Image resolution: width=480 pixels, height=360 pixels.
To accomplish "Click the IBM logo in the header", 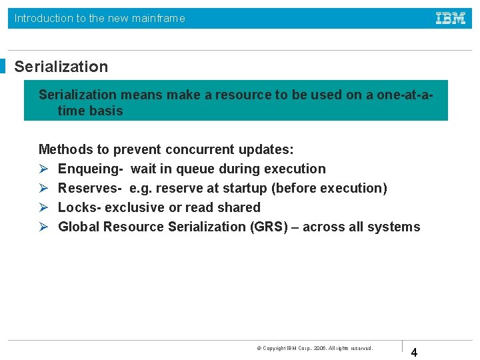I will (451, 18).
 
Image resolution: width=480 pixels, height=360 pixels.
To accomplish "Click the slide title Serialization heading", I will (61, 67).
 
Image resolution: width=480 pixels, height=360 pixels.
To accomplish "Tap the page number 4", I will (414, 353).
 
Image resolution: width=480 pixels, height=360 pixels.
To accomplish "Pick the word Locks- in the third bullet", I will (79, 208).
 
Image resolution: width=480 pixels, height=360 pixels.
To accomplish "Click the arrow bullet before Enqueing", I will (43, 169).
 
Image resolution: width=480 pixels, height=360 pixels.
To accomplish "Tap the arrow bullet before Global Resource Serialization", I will (43, 227).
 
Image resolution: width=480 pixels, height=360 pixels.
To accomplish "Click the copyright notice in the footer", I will (315, 348).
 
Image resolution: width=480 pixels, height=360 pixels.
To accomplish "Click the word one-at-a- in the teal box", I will (405, 95).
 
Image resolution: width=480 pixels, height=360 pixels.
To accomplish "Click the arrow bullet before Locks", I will (43, 208).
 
